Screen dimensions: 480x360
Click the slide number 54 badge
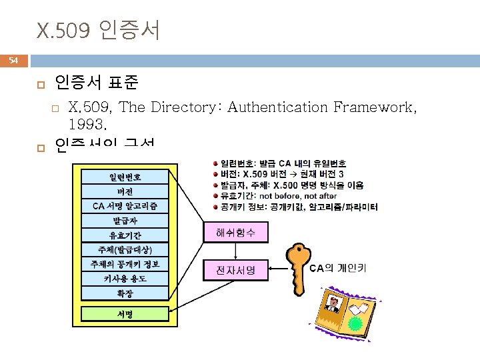pos(14,61)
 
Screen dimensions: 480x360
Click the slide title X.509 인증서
pos(99,30)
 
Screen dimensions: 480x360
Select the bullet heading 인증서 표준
pos(97,83)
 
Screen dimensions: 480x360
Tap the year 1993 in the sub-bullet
pos(87,124)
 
